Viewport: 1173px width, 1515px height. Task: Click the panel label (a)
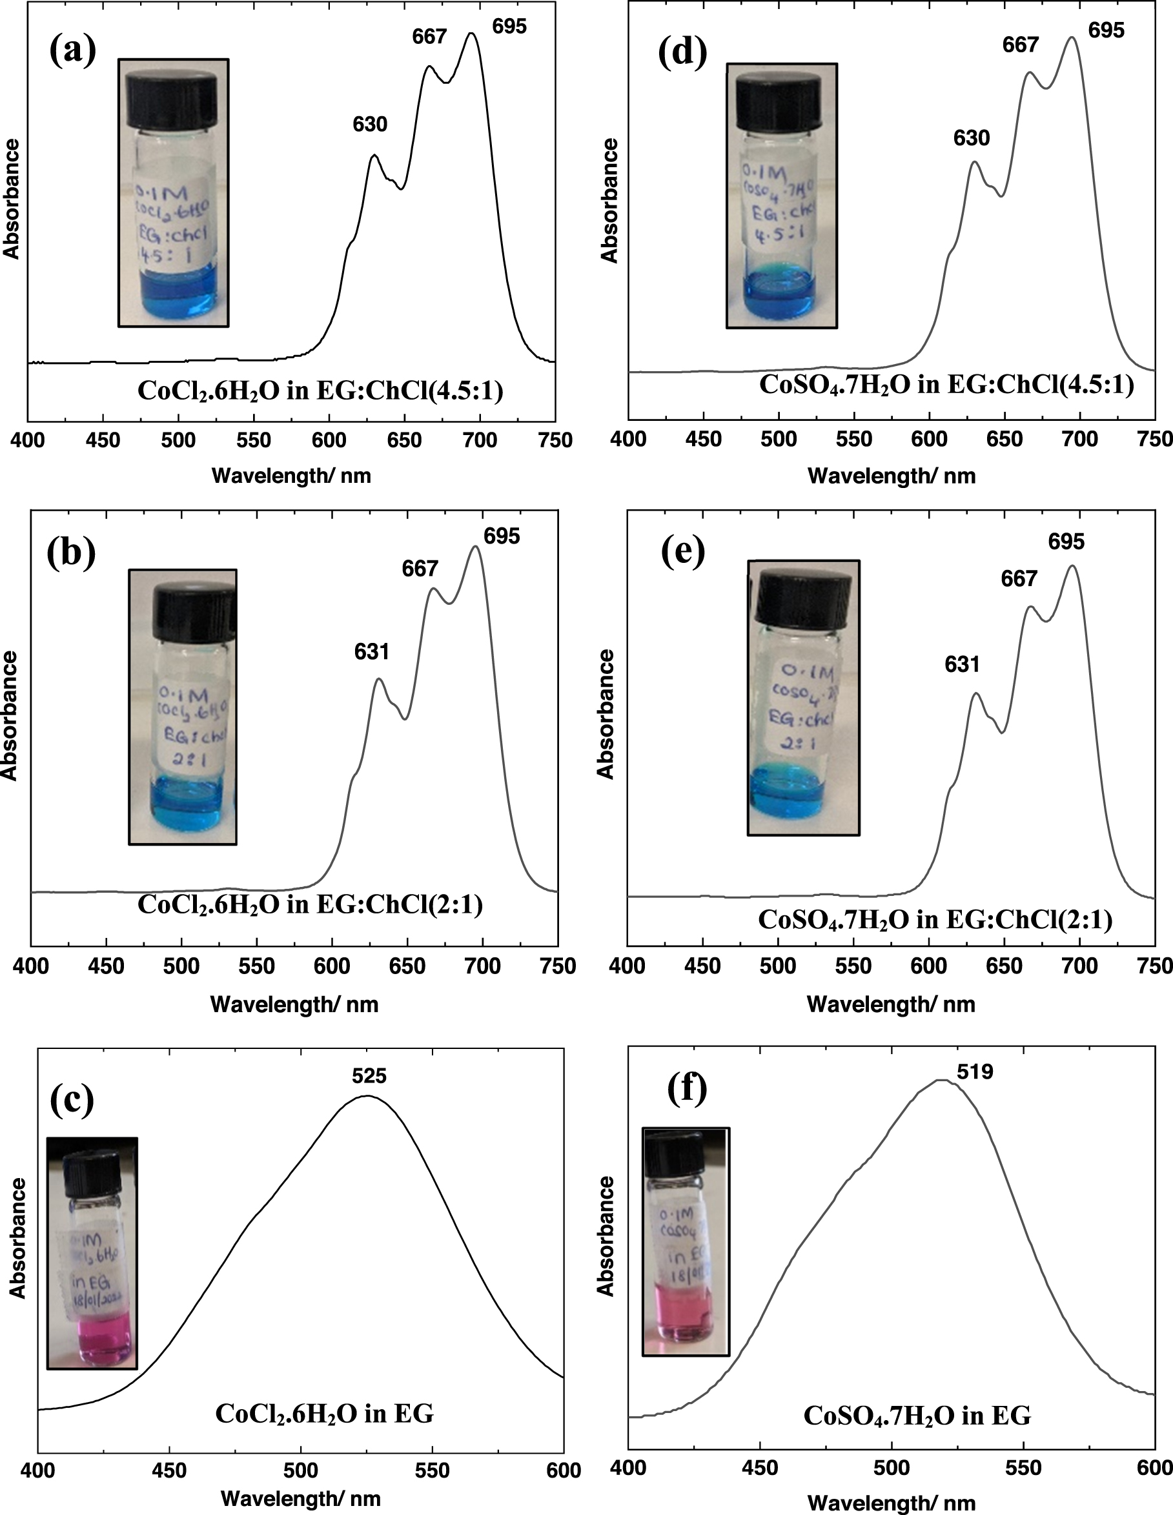tap(72, 50)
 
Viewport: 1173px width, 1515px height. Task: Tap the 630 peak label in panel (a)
tap(370, 125)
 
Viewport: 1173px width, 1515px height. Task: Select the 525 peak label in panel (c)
tap(369, 1076)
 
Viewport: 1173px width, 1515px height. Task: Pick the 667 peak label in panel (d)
tap(1021, 45)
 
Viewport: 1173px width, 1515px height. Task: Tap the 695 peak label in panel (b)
tap(502, 536)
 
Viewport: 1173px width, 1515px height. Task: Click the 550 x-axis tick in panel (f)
tap(1023, 1467)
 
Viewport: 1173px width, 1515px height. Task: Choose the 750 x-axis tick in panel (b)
tap(558, 966)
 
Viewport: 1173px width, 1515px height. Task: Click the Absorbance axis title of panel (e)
tap(606, 714)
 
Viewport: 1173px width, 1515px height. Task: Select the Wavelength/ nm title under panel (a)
tap(291, 475)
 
